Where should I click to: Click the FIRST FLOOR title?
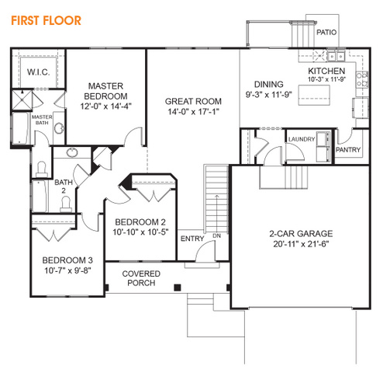[x=46, y=21]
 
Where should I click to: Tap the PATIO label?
[x=326, y=33]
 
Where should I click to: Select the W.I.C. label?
[x=38, y=71]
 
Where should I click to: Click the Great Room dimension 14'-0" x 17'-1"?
[x=193, y=112]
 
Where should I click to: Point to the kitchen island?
[x=314, y=95]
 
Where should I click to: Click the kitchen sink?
[x=336, y=56]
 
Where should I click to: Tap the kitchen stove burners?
[x=362, y=80]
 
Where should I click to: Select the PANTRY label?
[x=348, y=150]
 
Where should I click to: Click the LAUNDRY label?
[x=302, y=139]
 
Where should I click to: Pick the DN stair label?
[x=216, y=235]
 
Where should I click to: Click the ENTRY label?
[x=192, y=239]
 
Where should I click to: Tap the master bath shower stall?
[x=22, y=99]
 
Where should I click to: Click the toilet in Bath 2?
[x=66, y=204]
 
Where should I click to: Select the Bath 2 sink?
[x=72, y=152]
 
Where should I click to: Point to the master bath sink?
[x=60, y=128]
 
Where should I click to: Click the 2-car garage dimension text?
[x=301, y=244]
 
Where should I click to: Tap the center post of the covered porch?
[x=178, y=288]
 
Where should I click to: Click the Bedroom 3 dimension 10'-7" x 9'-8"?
[x=67, y=270]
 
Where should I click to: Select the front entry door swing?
[x=205, y=251]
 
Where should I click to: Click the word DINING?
[x=269, y=85]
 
